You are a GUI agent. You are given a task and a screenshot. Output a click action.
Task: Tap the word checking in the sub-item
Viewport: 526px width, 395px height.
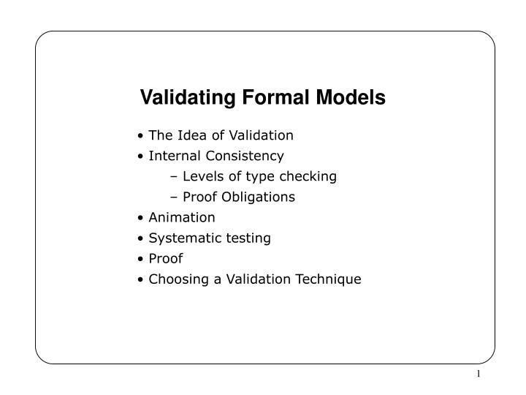(309, 176)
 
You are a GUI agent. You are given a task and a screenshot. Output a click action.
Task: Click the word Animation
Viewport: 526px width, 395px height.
(182, 217)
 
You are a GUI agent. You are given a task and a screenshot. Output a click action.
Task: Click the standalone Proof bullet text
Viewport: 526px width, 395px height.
(166, 258)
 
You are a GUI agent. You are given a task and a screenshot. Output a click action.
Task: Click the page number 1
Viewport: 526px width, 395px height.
(479, 375)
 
